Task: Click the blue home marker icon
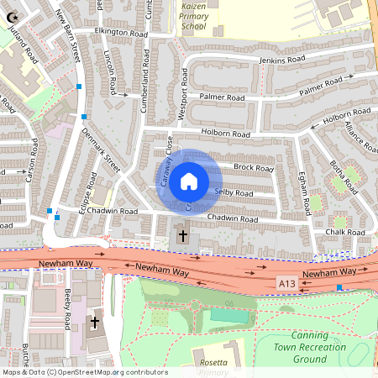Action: [189, 181]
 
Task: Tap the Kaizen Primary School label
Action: [192, 15]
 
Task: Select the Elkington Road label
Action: [121, 32]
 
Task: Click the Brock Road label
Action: [254, 168]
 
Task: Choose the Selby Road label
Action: [234, 192]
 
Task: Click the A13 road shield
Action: [287, 286]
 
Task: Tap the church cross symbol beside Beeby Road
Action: [95, 322]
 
